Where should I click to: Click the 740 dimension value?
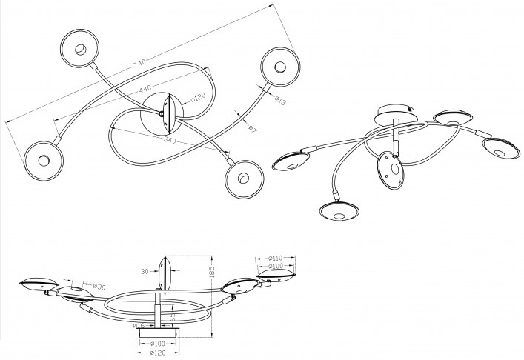click(139, 65)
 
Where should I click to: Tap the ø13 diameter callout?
click(279, 101)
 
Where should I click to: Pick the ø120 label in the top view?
click(197, 98)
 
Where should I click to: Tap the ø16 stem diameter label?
click(140, 325)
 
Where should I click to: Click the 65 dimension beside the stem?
click(172, 317)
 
